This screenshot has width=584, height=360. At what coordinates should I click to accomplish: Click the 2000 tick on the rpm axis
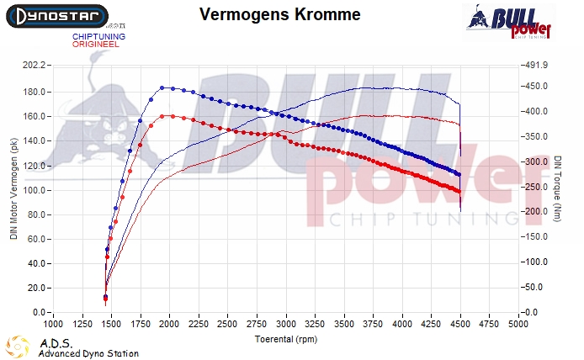coord(170,324)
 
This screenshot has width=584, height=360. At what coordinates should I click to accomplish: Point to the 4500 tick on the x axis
coord(460,324)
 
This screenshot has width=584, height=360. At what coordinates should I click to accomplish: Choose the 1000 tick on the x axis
coord(53,324)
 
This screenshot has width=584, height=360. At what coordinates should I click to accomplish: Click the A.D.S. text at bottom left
coord(56,343)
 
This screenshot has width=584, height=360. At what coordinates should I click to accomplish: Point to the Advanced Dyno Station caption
coord(88,353)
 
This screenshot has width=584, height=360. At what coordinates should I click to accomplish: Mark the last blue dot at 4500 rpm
coord(458,173)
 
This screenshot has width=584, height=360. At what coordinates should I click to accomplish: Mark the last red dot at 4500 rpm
coord(458,192)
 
